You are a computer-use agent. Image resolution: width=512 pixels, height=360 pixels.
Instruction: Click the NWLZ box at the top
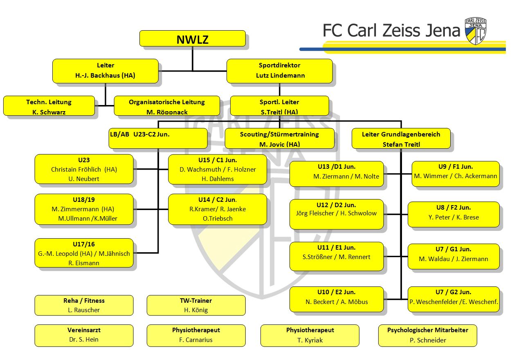point(192,39)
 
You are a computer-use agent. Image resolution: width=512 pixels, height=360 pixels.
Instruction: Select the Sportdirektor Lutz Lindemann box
point(280,71)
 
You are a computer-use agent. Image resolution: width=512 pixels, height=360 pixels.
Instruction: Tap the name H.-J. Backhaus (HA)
point(105,76)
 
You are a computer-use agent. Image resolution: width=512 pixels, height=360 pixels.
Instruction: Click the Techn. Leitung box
point(49,106)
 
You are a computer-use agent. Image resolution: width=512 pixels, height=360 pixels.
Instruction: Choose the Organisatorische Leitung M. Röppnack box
point(167,106)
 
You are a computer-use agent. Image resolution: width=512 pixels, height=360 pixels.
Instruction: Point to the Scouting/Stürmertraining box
point(279,139)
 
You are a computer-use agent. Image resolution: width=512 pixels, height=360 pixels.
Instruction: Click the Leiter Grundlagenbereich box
point(401,139)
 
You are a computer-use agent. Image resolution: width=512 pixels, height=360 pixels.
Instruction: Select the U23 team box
point(84,169)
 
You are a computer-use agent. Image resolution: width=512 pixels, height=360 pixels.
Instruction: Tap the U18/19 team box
point(84,209)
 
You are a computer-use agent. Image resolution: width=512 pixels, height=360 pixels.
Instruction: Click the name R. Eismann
point(84,263)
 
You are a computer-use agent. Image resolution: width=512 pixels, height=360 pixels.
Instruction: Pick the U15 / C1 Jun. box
point(217,169)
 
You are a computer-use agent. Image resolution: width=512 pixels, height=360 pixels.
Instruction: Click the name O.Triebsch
point(218,219)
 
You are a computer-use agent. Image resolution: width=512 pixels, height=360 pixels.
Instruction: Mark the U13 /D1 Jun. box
point(337,174)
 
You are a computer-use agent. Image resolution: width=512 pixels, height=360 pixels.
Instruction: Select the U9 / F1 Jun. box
point(455,174)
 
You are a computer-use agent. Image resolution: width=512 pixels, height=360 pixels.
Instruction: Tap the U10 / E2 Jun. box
point(337,299)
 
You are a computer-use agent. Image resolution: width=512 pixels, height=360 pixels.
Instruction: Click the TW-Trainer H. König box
point(196,305)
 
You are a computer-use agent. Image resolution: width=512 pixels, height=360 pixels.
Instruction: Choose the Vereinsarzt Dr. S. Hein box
point(84,335)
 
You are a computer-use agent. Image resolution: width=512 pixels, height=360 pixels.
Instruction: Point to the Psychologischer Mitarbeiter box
point(427,335)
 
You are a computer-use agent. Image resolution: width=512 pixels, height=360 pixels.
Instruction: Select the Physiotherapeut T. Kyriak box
point(310,335)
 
